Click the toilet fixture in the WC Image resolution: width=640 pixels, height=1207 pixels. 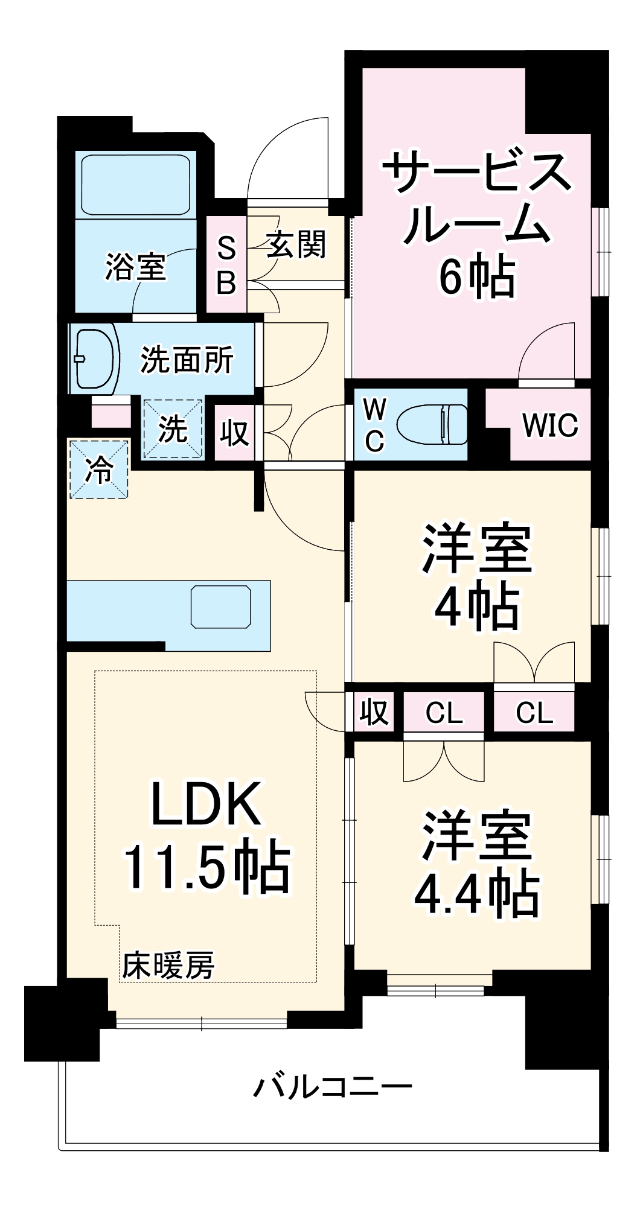[x=432, y=424]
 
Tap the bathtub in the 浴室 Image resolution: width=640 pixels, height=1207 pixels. [x=136, y=185]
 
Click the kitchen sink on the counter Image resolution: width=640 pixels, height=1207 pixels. [x=220, y=607]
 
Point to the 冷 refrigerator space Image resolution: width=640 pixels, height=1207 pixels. [x=99, y=470]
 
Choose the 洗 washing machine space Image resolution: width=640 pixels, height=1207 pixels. [x=173, y=429]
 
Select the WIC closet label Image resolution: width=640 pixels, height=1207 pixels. [x=550, y=425]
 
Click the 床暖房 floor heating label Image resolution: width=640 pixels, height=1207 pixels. [x=168, y=966]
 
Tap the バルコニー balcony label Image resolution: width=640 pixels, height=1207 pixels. [x=332, y=1087]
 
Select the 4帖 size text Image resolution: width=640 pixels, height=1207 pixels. [x=477, y=607]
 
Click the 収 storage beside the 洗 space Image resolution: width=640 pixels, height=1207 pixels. [x=234, y=432]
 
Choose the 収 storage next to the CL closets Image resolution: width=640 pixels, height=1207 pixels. [x=374, y=712]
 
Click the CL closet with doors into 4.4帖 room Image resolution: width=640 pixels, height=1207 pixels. [x=444, y=713]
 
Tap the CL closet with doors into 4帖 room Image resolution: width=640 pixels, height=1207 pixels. [x=534, y=713]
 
